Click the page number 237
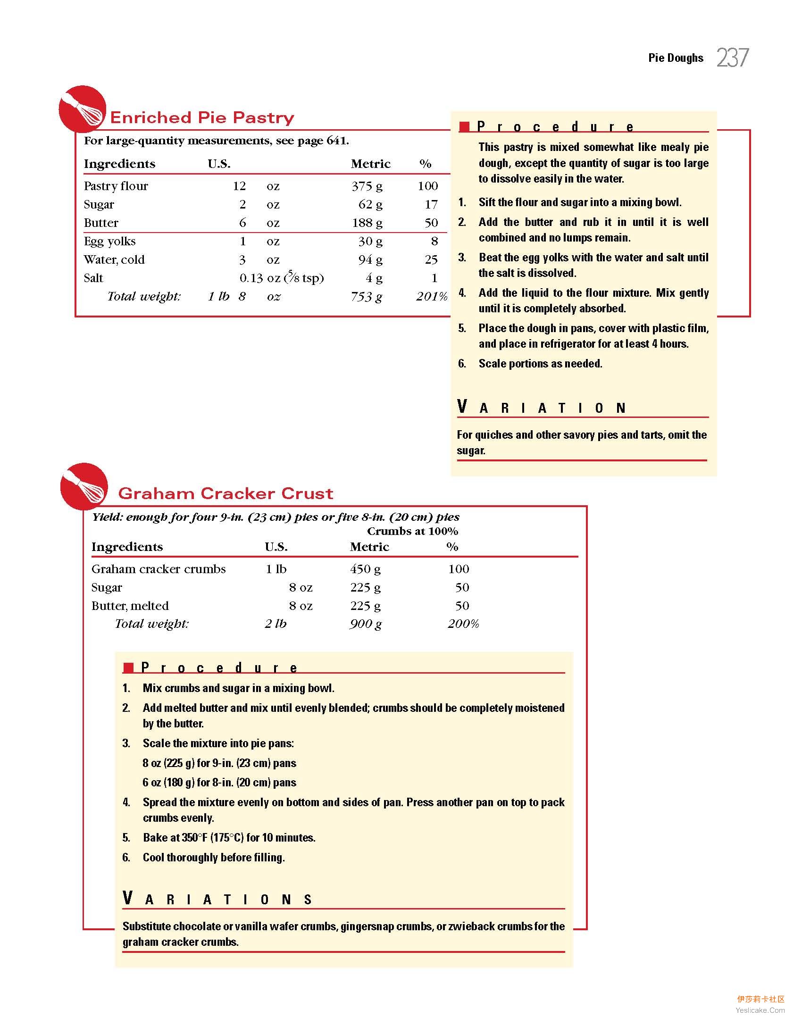click(x=733, y=58)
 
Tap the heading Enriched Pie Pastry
click(x=202, y=117)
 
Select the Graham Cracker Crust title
click(x=226, y=493)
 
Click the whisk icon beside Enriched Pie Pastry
click(x=83, y=109)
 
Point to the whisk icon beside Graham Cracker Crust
click(x=84, y=486)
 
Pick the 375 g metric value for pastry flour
click(x=367, y=186)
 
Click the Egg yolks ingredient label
click(x=109, y=242)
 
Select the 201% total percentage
click(x=431, y=297)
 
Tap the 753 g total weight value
click(x=366, y=297)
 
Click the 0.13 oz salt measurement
click(x=259, y=278)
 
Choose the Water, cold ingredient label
click(x=114, y=260)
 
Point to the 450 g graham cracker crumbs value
click(x=365, y=569)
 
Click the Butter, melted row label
click(x=130, y=606)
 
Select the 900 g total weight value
click(x=366, y=624)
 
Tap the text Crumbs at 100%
click(x=412, y=532)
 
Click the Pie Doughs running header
click(x=676, y=58)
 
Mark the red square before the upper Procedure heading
click(x=465, y=126)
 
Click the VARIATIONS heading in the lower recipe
click(x=217, y=899)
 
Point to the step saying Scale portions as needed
click(x=540, y=364)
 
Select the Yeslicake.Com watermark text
click(x=760, y=1010)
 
